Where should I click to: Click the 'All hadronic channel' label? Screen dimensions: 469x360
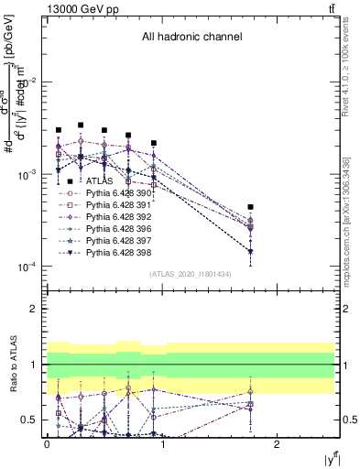click(191, 38)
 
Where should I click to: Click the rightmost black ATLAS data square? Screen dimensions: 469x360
click(250, 207)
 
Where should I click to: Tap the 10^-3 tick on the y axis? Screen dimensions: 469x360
click(26, 174)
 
